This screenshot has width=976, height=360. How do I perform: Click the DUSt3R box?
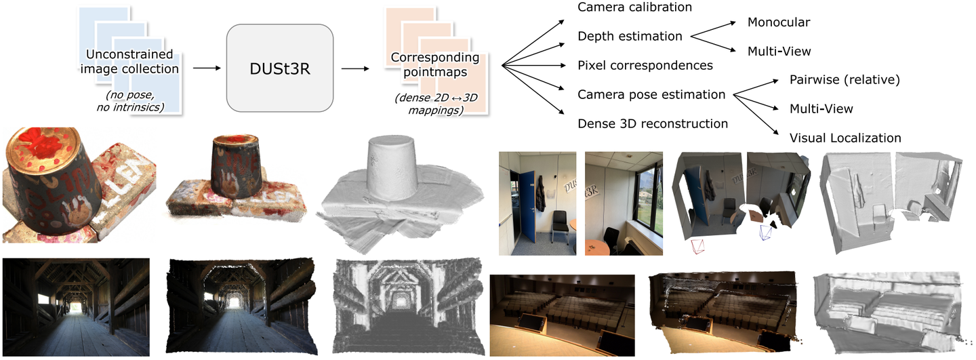click(279, 68)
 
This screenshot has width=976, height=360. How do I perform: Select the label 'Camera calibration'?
click(634, 7)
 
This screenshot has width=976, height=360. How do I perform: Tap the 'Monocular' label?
click(779, 22)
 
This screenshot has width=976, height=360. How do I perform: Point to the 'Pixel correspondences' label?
click(645, 66)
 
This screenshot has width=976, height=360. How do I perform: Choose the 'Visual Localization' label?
click(845, 138)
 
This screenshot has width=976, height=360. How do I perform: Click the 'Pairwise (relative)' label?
click(844, 80)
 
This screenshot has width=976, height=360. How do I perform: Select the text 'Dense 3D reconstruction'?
click(653, 124)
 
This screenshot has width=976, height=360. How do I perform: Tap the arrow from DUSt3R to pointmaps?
click(352, 68)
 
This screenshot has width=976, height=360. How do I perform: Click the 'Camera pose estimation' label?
click(651, 95)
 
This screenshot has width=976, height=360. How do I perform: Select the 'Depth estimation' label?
click(630, 37)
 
